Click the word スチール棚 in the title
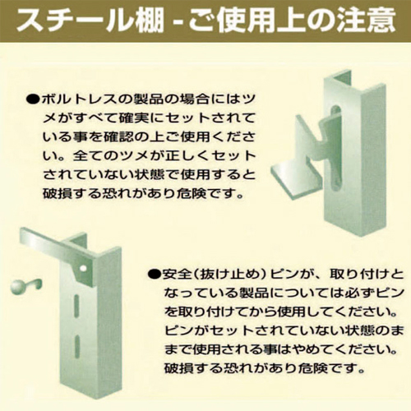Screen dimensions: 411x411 tap(90, 20)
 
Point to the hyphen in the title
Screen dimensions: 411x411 tap(178, 21)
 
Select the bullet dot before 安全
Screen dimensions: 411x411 tap(155, 275)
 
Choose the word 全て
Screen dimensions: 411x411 tap(88, 156)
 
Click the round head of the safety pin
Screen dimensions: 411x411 tap(18, 287)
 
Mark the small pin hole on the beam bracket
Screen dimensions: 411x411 tap(84, 268)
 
